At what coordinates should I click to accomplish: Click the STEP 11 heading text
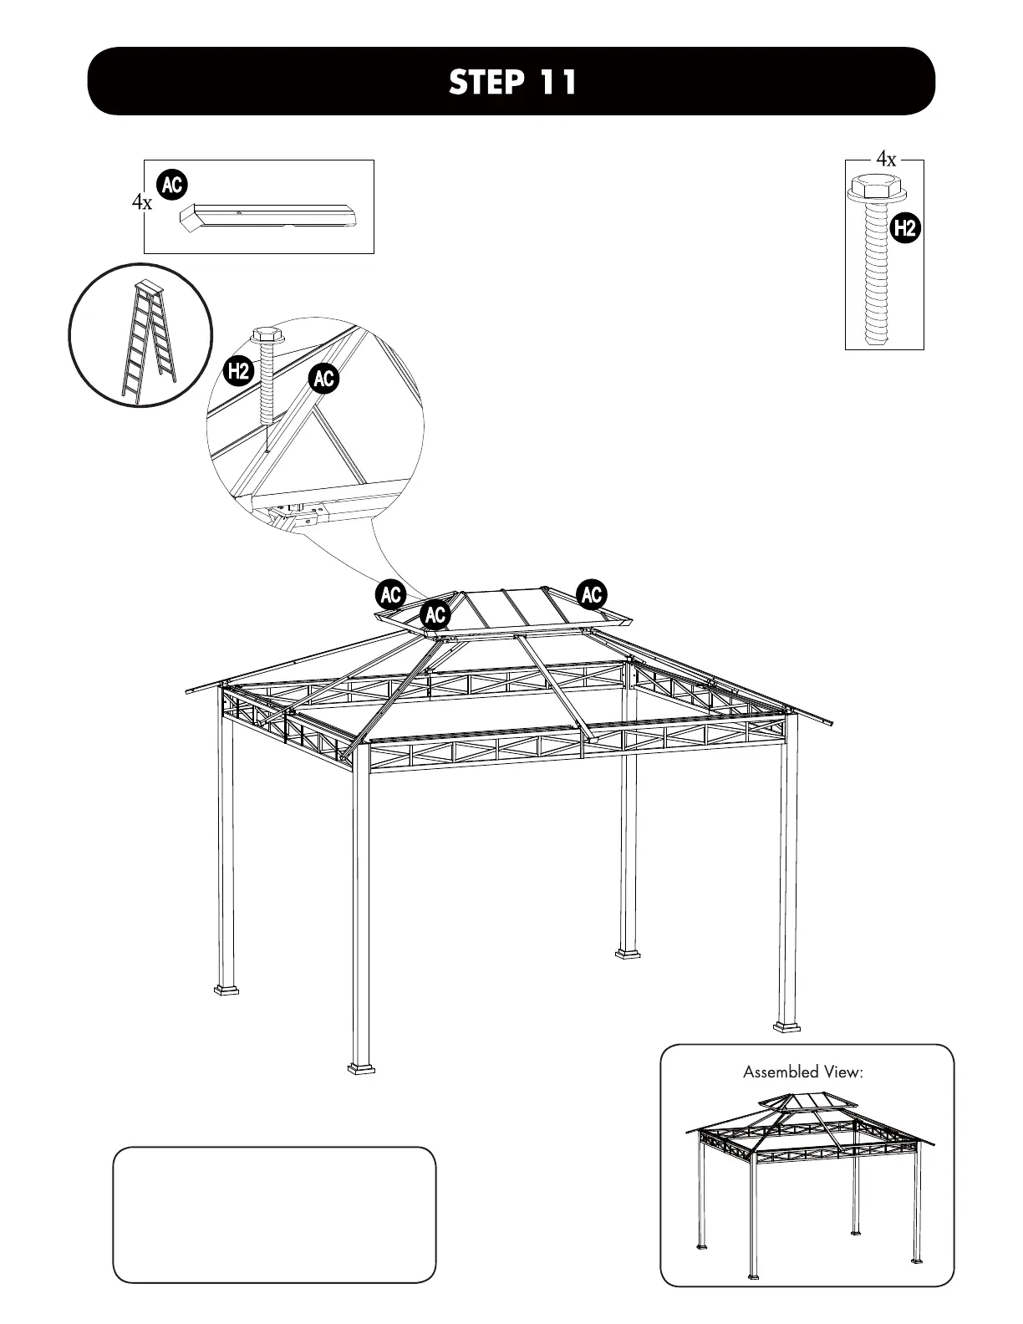coord(511,82)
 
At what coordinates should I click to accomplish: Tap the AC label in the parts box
coord(172,186)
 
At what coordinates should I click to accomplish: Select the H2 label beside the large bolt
coord(904,227)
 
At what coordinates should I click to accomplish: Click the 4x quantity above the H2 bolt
coord(886,159)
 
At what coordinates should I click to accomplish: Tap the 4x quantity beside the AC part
coord(142,202)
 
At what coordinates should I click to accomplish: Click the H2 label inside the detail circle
coord(239,369)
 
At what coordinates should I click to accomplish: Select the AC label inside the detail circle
coord(323,379)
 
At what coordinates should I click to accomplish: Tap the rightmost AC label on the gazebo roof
coord(592,595)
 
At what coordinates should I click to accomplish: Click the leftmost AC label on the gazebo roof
coord(390,595)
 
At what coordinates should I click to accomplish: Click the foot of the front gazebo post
coord(362,1067)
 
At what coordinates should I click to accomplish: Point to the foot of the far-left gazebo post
coord(226,990)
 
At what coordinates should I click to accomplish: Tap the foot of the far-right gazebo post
coord(786,1025)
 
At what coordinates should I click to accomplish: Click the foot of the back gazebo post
coord(629,952)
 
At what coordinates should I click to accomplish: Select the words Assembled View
coord(802,1072)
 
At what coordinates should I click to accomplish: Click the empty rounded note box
coord(274,1214)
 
